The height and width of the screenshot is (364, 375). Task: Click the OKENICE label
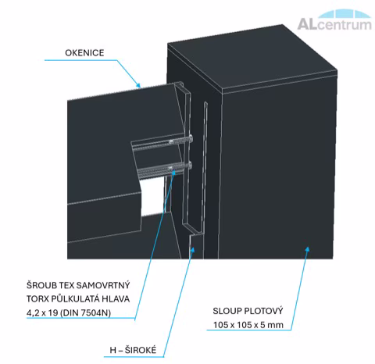point(84,53)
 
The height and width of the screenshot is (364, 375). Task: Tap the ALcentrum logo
point(334,20)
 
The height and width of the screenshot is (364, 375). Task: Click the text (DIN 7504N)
point(85,312)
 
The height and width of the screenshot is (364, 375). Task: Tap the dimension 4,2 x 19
point(42,312)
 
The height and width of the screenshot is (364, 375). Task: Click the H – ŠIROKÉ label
point(133,350)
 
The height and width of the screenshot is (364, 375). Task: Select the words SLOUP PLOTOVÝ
point(248,311)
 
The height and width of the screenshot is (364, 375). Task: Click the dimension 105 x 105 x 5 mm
point(248,325)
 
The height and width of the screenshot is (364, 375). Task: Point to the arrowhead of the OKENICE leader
point(139,85)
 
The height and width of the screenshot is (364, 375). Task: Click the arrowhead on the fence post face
point(308,249)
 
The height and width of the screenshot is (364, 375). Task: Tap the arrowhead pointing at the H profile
point(193,249)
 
